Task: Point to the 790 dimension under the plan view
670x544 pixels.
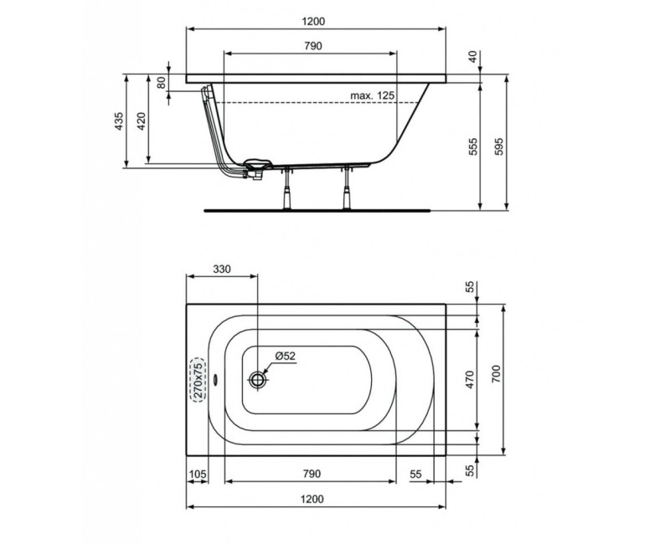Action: coord(311,475)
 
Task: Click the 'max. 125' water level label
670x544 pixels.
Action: coord(371,96)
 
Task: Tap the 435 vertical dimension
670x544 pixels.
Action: coord(119,121)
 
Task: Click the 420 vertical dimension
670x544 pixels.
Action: coord(142,122)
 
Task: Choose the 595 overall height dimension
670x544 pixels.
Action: coord(500,146)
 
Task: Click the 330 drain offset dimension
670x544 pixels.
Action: coord(220,269)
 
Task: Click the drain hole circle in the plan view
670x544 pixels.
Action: coord(258,379)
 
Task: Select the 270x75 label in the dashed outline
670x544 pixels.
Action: coord(198,379)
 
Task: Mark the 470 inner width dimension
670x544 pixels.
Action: coord(471,379)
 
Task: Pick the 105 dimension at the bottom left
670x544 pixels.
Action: coord(198,475)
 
